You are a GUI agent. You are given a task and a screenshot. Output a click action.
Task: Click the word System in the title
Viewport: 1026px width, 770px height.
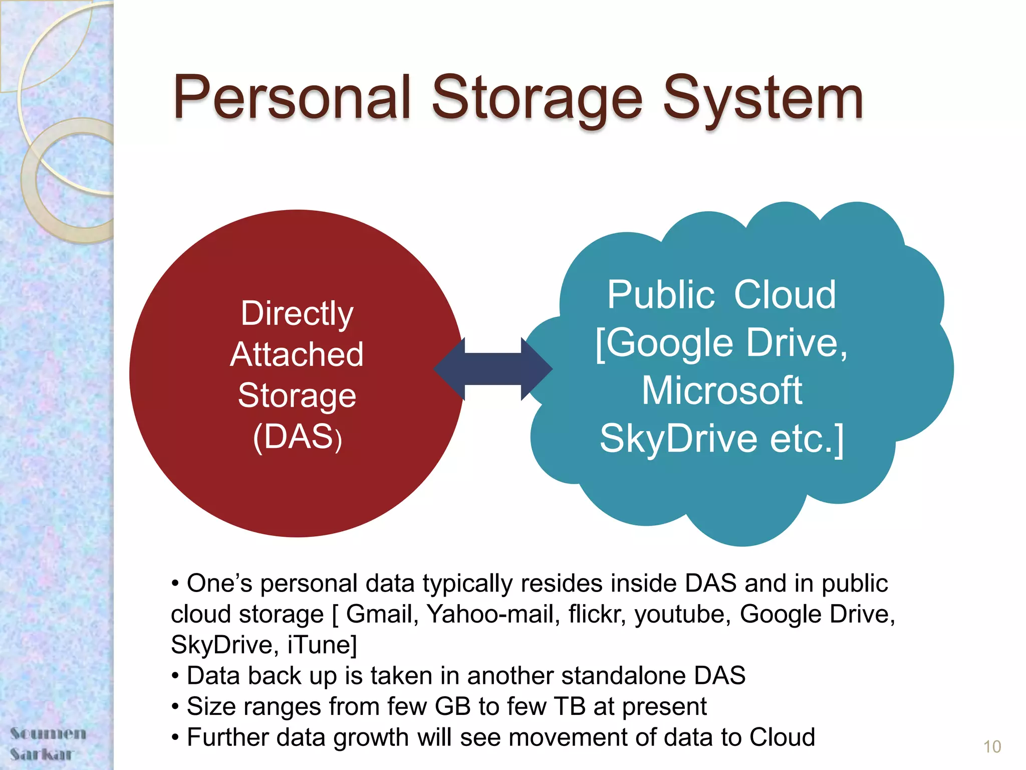(762, 99)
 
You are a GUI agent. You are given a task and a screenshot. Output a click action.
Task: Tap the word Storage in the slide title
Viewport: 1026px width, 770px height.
(536, 99)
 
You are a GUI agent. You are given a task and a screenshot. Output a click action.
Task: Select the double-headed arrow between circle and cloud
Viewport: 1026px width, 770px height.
(493, 369)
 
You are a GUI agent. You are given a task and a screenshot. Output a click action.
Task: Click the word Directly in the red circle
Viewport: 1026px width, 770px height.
(297, 314)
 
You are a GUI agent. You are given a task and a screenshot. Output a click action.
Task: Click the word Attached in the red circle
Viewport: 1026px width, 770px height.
(297, 355)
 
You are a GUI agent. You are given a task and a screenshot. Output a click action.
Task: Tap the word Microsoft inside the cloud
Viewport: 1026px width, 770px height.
(722, 391)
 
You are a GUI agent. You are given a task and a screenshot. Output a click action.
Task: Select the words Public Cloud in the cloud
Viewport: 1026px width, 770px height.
(721, 295)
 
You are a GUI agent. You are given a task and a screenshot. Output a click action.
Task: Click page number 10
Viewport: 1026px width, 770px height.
(991, 747)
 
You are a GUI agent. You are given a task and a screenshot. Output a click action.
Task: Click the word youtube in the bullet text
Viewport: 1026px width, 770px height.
(683, 615)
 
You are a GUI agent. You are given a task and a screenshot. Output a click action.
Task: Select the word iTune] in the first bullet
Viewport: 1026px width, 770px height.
(322, 645)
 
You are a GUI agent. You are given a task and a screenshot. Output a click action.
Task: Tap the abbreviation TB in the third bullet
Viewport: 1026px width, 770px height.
(570, 707)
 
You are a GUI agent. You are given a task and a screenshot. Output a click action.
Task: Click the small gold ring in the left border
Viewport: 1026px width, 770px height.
(70, 180)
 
